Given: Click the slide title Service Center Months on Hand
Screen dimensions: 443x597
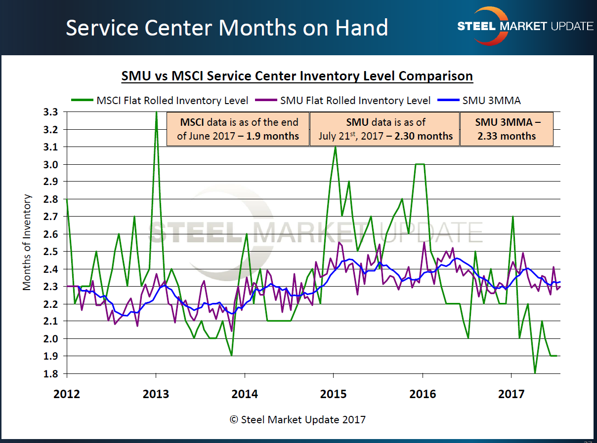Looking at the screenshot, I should click(227, 28).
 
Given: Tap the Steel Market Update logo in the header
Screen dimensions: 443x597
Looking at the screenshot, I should click(525, 26).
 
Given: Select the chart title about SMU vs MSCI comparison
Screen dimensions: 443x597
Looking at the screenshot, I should click(297, 76).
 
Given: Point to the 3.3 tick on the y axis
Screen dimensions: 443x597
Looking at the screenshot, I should click(52, 112).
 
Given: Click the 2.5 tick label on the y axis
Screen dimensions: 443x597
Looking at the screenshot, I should click(52, 252).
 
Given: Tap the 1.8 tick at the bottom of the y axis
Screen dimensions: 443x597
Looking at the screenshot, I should click(52, 373).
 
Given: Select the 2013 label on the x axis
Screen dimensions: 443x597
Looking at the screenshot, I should click(156, 394).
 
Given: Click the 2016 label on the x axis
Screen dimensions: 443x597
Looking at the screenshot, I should click(423, 394).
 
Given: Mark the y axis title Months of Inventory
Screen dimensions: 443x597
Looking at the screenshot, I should click(27, 242).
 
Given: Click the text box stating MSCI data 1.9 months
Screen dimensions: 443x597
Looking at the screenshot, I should click(238, 129).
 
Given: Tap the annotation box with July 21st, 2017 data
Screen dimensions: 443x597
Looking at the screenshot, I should click(384, 129).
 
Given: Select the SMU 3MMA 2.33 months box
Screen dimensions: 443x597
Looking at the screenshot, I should click(507, 129).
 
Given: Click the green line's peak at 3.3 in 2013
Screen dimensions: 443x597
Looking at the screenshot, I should click(156, 113).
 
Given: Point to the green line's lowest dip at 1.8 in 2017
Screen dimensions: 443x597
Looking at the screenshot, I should click(535, 372).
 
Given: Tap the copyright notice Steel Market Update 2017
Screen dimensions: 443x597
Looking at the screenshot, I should click(298, 420).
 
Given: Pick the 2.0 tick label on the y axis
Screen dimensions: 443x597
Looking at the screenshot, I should click(52, 338).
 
